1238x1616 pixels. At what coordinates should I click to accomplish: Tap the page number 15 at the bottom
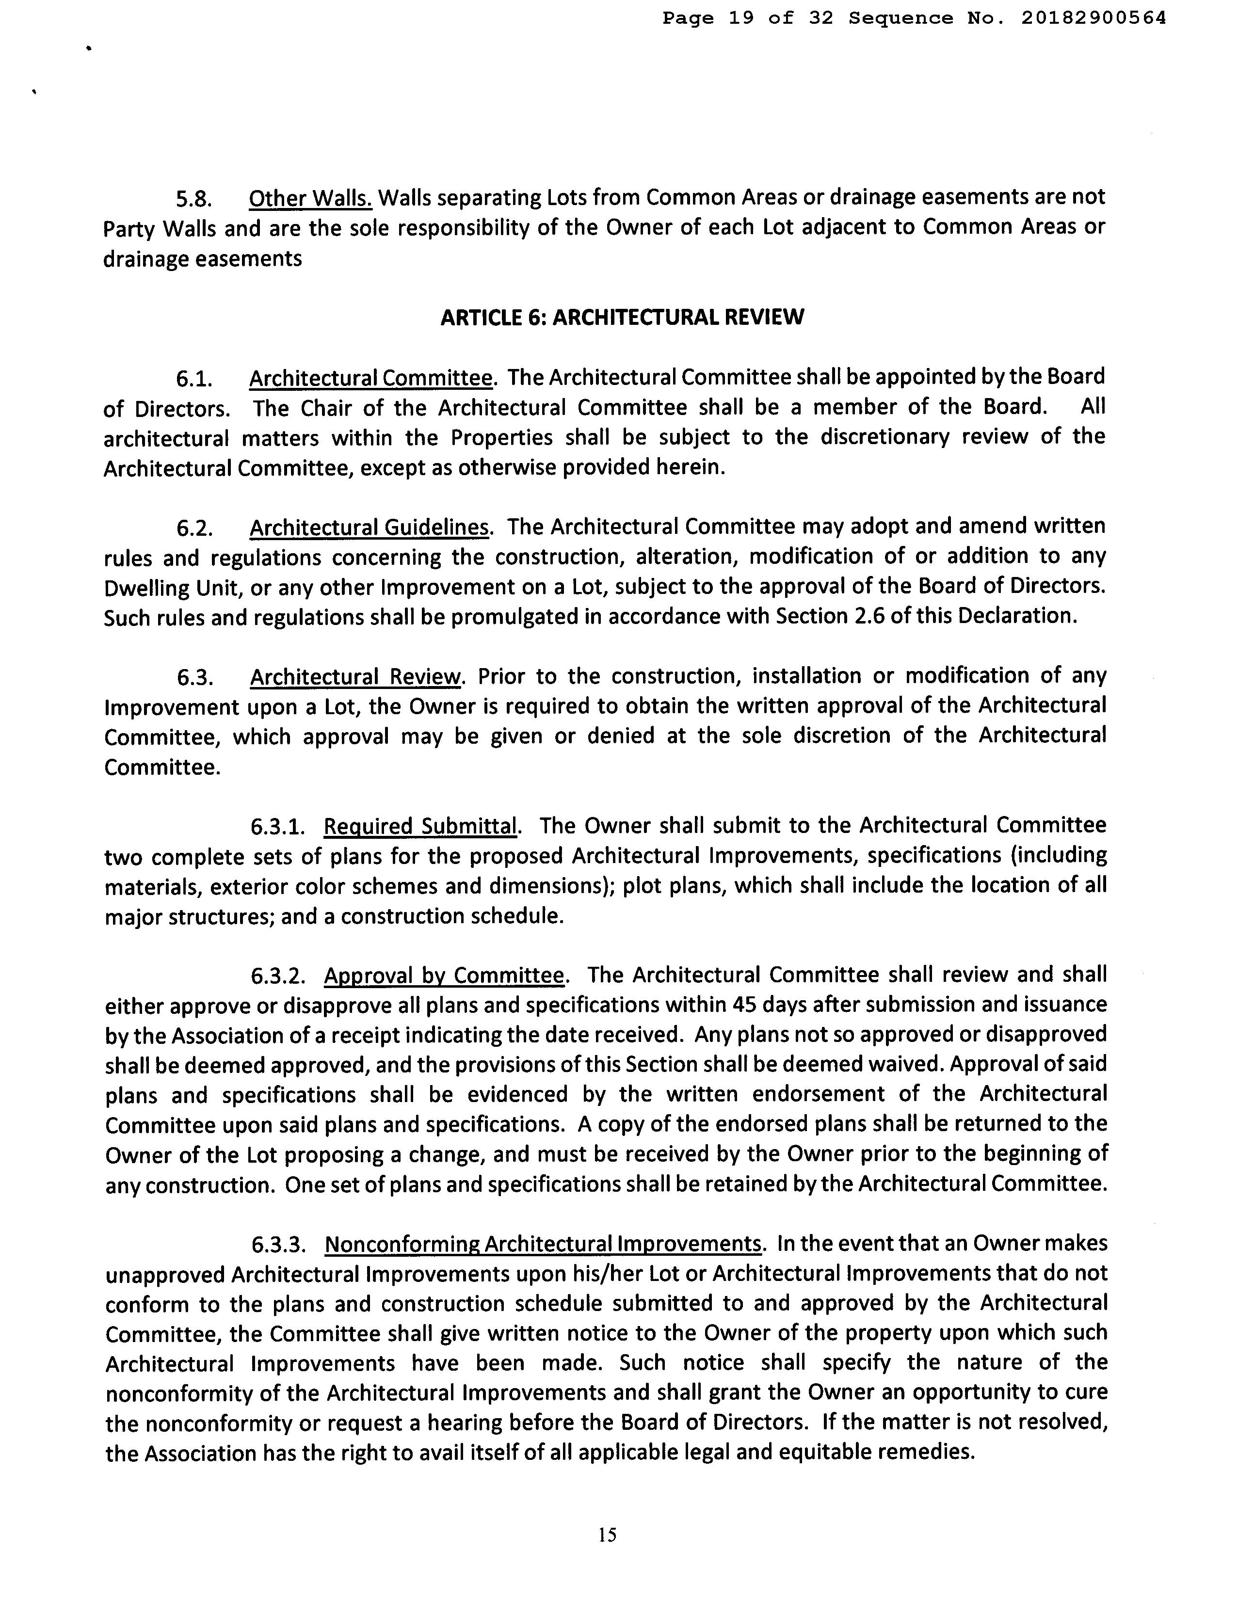click(x=608, y=1535)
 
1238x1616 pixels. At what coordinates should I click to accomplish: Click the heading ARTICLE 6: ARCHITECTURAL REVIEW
click(x=622, y=318)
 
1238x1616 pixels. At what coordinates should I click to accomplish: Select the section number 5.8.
click(x=194, y=199)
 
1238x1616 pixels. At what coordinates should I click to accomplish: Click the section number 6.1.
click(x=194, y=379)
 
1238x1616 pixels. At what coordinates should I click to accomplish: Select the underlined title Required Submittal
click(x=421, y=827)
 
